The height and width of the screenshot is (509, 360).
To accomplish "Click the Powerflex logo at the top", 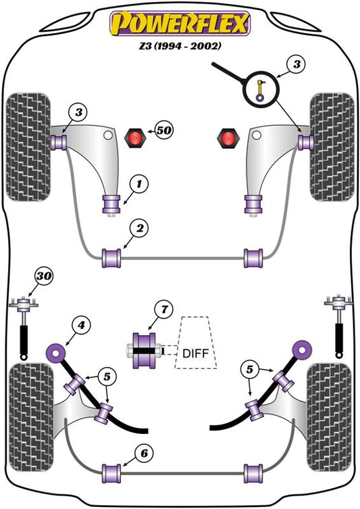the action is (180, 23).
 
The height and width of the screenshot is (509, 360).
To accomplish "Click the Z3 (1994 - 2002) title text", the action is (180, 46).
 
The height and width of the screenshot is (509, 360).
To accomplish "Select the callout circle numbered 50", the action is (163, 130).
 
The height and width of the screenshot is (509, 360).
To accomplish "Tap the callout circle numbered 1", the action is (139, 185).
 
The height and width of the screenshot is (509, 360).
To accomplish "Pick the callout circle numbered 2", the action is (139, 228).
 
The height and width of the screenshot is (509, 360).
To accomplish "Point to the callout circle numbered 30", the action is (44, 276).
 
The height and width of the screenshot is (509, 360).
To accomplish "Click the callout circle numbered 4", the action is (81, 325).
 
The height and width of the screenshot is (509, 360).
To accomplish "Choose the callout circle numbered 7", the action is (164, 310).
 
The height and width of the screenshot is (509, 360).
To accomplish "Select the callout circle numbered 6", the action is (144, 453).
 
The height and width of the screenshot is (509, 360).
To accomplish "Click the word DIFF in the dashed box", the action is (196, 353).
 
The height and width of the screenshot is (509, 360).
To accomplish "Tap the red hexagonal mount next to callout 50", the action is (136, 138).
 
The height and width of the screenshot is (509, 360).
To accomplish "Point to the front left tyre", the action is (28, 147).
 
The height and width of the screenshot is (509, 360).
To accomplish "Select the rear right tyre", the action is (330, 418).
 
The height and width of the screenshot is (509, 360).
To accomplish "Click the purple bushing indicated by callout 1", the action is (111, 204).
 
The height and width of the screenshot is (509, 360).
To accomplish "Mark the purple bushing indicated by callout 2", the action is (111, 258).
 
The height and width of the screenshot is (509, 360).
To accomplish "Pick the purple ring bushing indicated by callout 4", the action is (55, 352).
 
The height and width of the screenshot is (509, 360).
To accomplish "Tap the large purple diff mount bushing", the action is (144, 351).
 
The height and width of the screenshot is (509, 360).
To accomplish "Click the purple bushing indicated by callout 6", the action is (111, 474).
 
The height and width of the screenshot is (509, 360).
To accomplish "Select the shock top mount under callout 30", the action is (24, 305).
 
